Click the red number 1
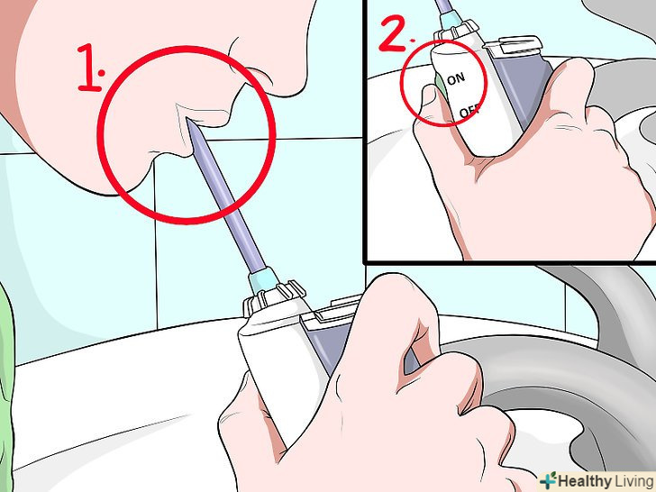[x=88, y=68]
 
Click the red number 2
[x=395, y=33]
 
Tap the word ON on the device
[x=456, y=78]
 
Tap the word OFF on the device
[x=469, y=112]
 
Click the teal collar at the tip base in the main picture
[x=263, y=280]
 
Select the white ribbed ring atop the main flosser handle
[x=274, y=298]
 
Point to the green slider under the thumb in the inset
[x=440, y=84]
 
